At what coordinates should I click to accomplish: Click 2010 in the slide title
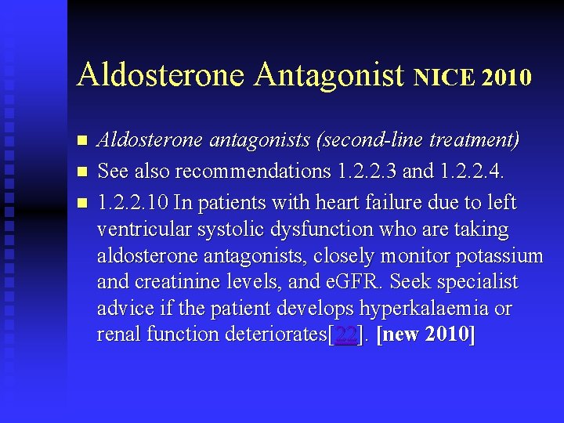pos(507,78)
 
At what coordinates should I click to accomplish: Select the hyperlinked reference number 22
pos(345,334)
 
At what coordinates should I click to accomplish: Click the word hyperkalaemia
pos(425,308)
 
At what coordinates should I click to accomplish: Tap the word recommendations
pos(246,171)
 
